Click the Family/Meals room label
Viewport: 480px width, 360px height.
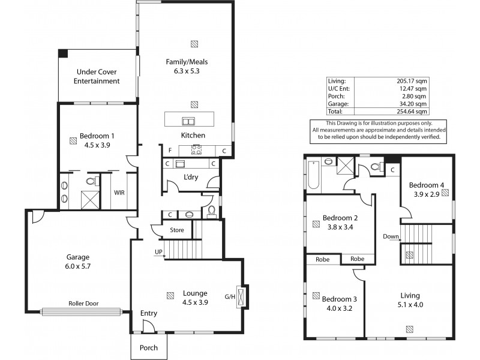click(190, 61)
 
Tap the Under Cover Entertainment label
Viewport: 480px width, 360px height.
click(97, 76)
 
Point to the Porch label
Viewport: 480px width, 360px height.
click(149, 348)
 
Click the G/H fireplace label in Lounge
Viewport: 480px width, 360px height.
click(229, 296)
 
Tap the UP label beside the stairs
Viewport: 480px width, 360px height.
click(158, 251)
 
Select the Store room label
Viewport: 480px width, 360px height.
click(176, 229)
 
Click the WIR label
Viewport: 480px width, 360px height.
click(119, 193)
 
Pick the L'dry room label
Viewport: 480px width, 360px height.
click(191, 177)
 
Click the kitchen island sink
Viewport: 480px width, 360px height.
click(190, 120)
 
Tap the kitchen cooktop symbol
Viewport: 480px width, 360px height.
click(197, 150)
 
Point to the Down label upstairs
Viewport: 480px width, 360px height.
click(391, 236)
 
